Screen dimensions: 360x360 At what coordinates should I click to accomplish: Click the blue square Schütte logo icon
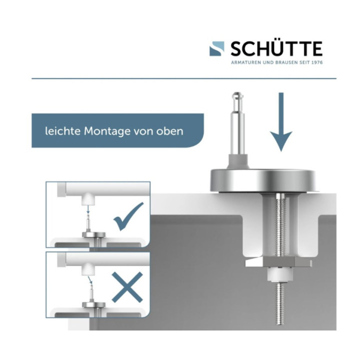[217, 48]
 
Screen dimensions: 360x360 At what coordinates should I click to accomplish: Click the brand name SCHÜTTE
[276, 49]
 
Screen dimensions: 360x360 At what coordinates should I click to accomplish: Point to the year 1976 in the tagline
[314, 62]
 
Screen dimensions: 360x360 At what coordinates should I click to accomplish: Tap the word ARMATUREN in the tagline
[245, 62]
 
